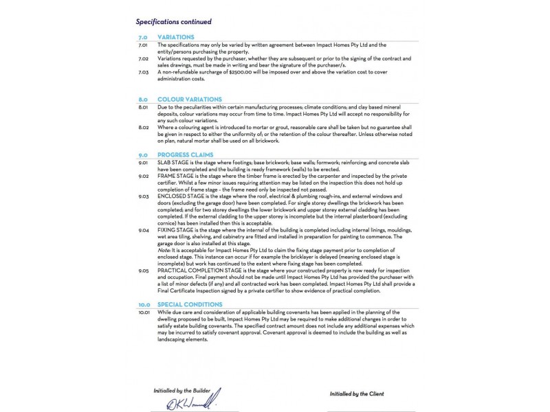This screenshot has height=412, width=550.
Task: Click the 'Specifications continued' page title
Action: [x=173, y=22]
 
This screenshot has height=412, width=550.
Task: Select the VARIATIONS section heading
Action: [x=175, y=37]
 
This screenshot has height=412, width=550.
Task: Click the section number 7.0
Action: [x=143, y=37]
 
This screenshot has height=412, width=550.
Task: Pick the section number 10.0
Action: [x=144, y=304]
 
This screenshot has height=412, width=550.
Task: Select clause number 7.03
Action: [x=143, y=71]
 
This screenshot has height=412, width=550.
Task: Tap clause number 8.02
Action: [x=143, y=127]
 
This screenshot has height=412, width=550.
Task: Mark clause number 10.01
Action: [x=143, y=311]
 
